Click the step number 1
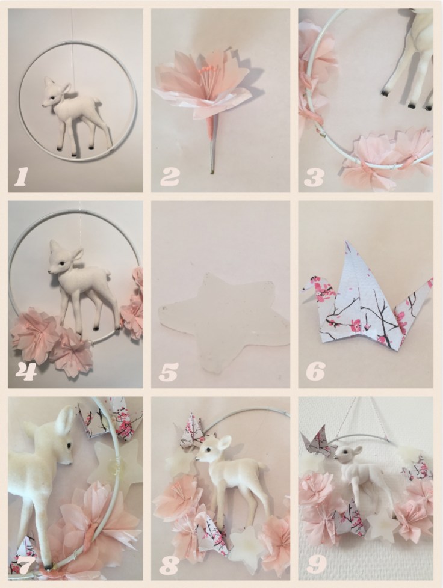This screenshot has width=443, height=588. pos(20,177)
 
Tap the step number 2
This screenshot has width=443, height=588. pos(170,177)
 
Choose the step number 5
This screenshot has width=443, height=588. pos(168,372)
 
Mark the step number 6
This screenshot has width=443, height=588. pos(315,370)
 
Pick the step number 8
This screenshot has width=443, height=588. pos(169,567)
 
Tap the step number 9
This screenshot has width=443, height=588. pos(316,566)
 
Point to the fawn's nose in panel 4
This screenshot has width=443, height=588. pos(50,269)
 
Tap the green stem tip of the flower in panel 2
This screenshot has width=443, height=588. pos(212,172)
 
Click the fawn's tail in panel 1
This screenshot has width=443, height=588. pos(98,100)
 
